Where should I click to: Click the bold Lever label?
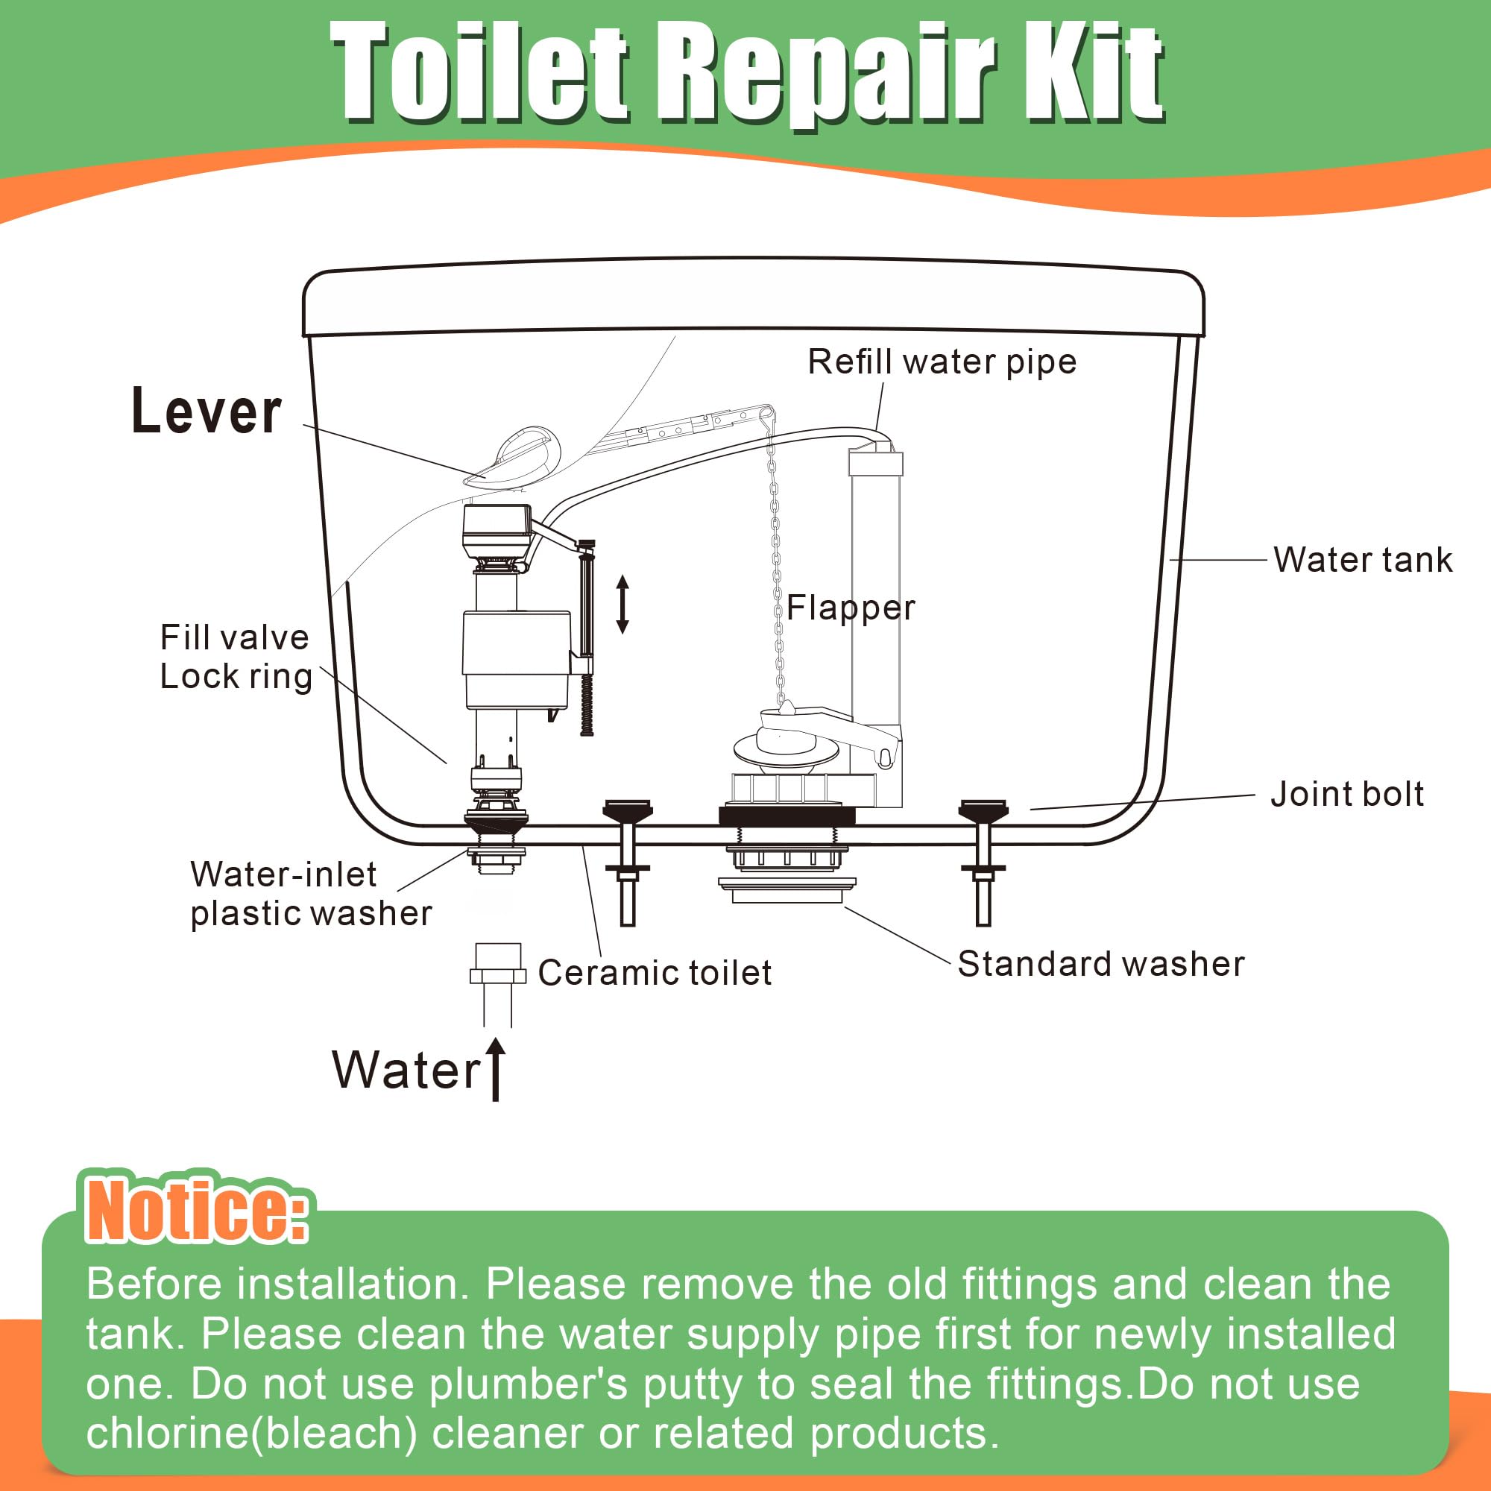pos(206,412)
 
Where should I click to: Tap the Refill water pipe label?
pos(942,362)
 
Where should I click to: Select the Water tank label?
pos(1362,560)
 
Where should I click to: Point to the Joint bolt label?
pos(1346,794)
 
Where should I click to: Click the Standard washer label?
pos(1100,964)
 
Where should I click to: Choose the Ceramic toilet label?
pos(655,972)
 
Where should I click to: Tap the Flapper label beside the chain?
pos(851,608)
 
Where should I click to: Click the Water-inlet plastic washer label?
pos(310,894)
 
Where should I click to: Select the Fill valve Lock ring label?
pos(236,657)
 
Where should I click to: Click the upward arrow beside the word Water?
pos(497,1069)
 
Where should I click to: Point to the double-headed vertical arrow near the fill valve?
pos(622,605)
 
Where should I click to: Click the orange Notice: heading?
pos(196,1210)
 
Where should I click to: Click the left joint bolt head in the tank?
pos(628,810)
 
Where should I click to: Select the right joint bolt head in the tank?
pos(983,810)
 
